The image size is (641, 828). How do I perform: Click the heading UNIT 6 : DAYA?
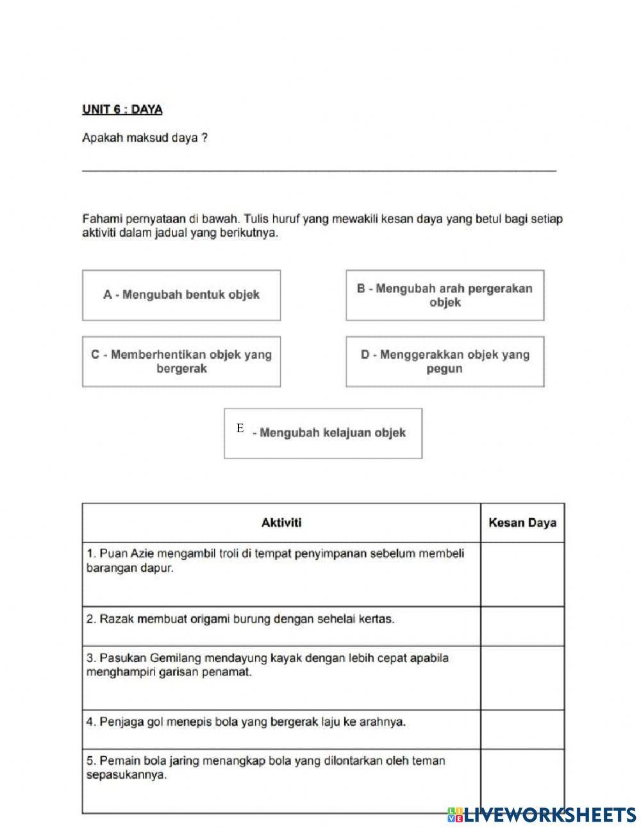(122, 110)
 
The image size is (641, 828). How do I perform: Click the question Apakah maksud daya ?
(145, 138)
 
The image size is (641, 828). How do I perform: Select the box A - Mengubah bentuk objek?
(181, 295)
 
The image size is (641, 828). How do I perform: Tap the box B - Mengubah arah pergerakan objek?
(445, 295)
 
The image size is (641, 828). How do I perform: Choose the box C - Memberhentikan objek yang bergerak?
(181, 362)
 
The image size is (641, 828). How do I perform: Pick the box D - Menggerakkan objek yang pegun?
(445, 362)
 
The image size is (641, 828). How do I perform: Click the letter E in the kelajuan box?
(240, 428)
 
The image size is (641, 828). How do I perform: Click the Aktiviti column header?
(281, 523)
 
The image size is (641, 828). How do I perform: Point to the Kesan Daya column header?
(522, 523)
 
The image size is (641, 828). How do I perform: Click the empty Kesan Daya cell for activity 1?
(522, 574)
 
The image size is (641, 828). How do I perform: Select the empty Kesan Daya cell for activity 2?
(522, 626)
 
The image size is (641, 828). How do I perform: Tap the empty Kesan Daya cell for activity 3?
(522, 677)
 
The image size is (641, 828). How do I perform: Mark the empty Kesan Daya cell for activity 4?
(522, 729)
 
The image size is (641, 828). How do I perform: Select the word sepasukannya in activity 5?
(126, 775)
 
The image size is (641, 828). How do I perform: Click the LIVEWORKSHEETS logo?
(542, 815)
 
